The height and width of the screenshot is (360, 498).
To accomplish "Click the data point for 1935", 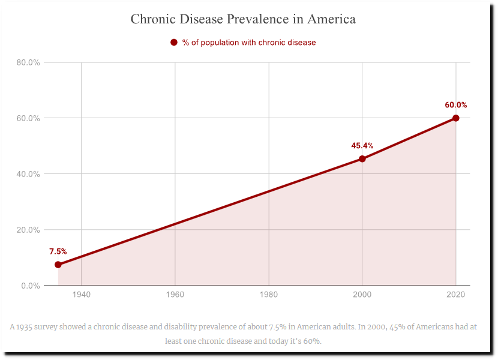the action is tap(58, 265).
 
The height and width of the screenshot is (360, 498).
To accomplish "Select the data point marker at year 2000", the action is tap(362, 159).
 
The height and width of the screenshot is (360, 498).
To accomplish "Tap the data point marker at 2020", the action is tap(456, 118).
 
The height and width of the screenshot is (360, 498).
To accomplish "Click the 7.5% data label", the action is tap(58, 251).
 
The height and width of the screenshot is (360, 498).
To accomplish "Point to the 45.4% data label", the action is tap(362, 146).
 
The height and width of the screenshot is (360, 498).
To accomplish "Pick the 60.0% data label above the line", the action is tap(456, 105).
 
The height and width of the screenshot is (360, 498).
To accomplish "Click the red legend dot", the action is tap(174, 43).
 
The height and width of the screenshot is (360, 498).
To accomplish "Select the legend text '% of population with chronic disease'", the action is tap(249, 43).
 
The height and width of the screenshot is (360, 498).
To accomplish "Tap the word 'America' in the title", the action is tap(331, 19).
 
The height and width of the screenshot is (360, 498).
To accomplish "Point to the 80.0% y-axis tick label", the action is tap(28, 62).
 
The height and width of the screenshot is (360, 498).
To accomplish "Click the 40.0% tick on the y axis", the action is tap(28, 174).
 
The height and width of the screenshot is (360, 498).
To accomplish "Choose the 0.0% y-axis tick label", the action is tap(31, 286).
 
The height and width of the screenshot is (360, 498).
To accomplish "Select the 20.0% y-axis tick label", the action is tap(28, 230).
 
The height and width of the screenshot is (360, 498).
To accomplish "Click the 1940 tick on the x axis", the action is tap(82, 295).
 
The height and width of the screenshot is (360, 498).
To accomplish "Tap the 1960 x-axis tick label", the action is tap(175, 295).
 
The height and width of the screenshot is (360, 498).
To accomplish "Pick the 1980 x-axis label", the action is tap(269, 295).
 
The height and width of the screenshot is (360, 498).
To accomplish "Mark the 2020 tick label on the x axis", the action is tap(456, 295).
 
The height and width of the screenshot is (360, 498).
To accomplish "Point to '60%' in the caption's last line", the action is tap(311, 341).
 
